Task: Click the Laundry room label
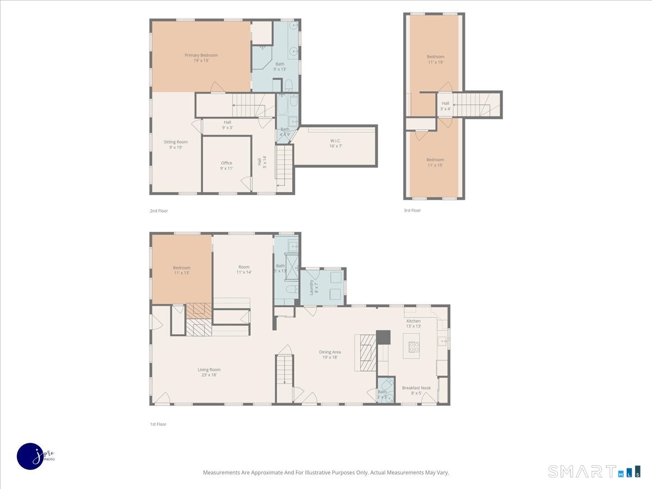tap(312, 287)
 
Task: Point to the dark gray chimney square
tap(383, 337)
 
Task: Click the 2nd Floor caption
tap(159, 211)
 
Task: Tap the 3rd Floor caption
tap(412, 211)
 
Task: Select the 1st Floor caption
tap(158, 424)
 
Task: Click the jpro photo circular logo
tap(31, 455)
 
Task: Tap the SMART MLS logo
tap(593, 471)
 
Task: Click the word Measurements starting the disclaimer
tap(221, 473)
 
